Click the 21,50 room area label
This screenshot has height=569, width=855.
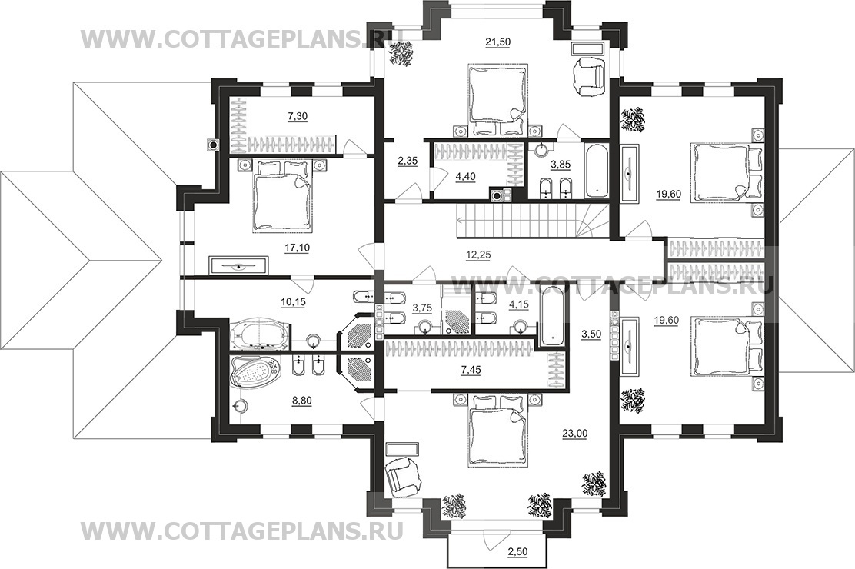coord(497,42)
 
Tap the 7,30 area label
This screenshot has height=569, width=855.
coord(297,116)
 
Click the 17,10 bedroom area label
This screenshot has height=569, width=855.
coord(298,248)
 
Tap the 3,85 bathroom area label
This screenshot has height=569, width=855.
coord(551,163)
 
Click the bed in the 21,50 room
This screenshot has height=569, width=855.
coord(497,99)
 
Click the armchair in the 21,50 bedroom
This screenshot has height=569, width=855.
coord(589,74)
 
